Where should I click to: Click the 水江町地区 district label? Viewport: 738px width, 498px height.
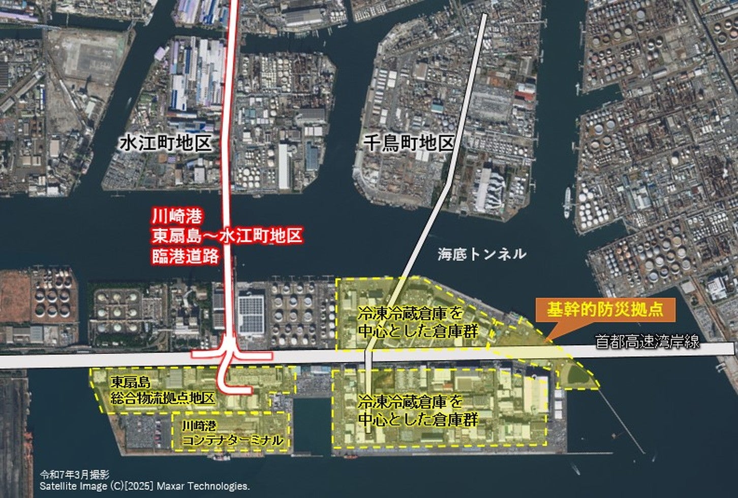[x=165, y=143]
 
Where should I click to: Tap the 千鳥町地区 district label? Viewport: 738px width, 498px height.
[x=409, y=143]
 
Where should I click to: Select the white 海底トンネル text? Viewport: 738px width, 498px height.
[x=482, y=254]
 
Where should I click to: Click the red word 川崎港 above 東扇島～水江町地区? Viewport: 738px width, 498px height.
[x=170, y=217]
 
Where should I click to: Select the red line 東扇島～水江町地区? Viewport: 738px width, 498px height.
[x=227, y=236]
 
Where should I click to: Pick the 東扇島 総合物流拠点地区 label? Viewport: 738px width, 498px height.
[x=163, y=389]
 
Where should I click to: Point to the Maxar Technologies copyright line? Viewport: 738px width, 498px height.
[x=145, y=486]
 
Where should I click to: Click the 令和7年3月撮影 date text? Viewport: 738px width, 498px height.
[x=74, y=475]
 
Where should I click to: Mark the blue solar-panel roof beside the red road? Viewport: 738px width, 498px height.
[x=251, y=314]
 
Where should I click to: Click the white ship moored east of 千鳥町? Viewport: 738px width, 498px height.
[x=568, y=197]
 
